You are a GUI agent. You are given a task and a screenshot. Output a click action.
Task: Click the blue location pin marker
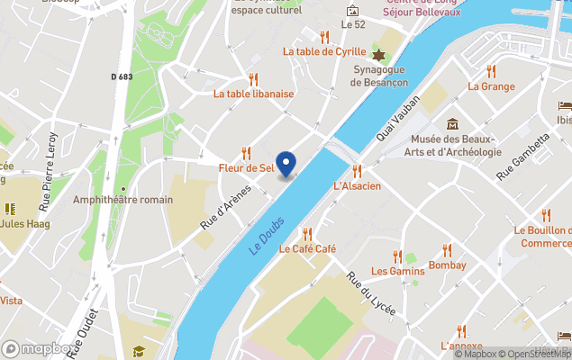pyautogui.click(x=286, y=164)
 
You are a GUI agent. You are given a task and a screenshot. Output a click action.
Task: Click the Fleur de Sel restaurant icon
pyautogui.click(x=246, y=153)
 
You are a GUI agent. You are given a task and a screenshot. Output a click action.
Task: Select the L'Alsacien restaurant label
pyautogui.click(x=357, y=186)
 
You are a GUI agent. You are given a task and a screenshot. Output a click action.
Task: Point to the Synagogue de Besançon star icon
pyautogui.click(x=379, y=56)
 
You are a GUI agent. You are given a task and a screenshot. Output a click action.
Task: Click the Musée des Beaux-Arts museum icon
pyautogui.click(x=452, y=123)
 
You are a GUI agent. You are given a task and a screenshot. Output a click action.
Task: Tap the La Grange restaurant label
pyautogui.click(x=491, y=86)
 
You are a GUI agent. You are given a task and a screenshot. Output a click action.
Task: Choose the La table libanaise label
pyautogui.click(x=253, y=93)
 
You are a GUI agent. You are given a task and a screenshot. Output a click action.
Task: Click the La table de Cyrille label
pyautogui.click(x=325, y=51)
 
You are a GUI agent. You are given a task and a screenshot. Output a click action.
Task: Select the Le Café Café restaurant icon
pyautogui.click(x=307, y=234)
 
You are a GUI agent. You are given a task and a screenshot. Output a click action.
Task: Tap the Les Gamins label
pyautogui.click(x=397, y=271)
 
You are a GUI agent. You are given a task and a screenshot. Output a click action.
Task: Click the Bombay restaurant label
pyautogui.click(x=447, y=265)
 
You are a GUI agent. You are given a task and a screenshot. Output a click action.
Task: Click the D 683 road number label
pyautogui.click(x=122, y=76)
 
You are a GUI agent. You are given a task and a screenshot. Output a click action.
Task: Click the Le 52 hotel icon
pyautogui.click(x=352, y=10)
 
